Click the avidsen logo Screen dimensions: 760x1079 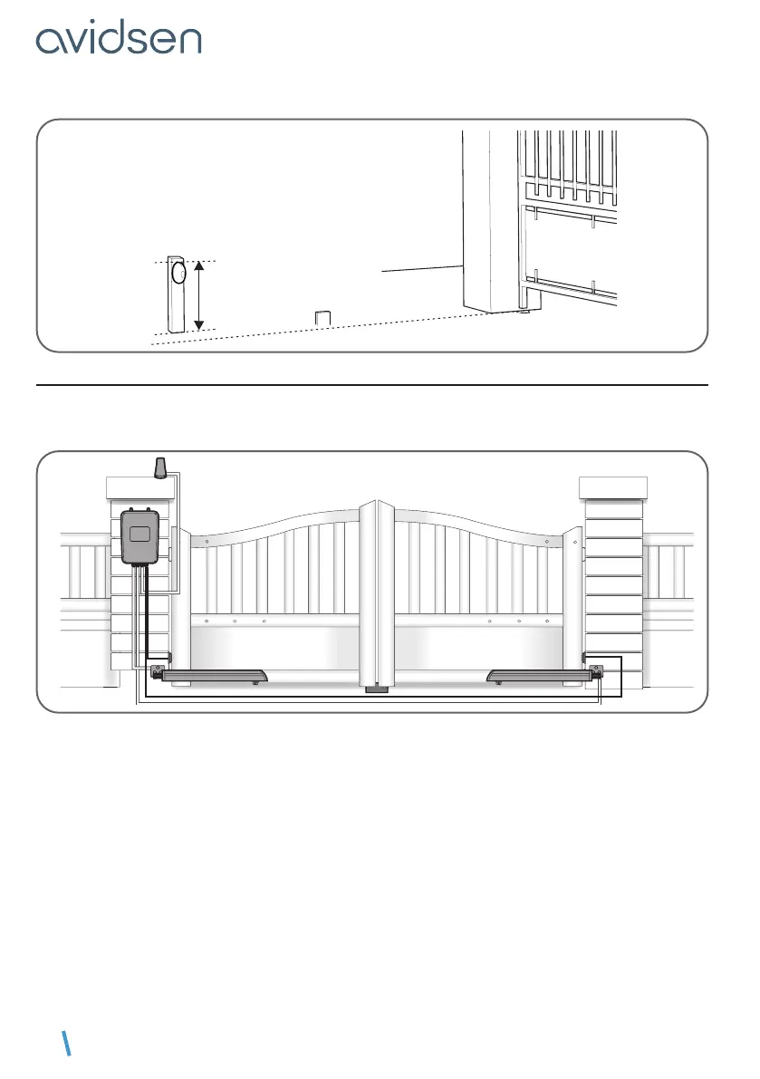[119, 39]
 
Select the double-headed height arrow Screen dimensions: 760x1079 [199, 295]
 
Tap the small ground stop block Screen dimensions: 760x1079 [322, 318]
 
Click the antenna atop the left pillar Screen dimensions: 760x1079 [160, 467]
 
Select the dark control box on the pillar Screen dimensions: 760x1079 [141, 536]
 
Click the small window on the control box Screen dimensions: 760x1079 [140, 533]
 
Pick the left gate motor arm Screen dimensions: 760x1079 [214, 674]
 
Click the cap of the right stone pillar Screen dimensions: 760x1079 [612, 487]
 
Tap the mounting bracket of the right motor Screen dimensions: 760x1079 [597, 671]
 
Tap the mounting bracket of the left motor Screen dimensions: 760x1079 [159, 671]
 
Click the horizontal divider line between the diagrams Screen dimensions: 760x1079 [371, 385]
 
